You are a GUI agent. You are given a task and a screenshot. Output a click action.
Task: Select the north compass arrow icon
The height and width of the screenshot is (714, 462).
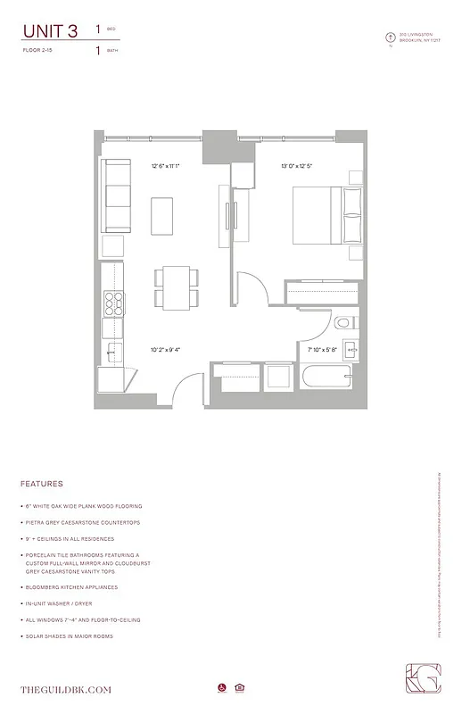coord(389,37)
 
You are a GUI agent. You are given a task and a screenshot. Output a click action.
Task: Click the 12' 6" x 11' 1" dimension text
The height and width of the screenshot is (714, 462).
coord(166,165)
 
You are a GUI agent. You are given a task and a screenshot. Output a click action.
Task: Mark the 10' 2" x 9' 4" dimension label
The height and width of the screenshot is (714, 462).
coord(166,350)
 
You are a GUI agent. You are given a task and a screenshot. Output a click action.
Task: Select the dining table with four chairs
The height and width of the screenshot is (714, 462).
coord(172,287)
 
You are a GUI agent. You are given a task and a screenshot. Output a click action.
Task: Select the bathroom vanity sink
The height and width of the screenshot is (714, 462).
coord(351,350)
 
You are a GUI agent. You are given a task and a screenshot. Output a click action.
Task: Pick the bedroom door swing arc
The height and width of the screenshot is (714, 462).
coord(253,294)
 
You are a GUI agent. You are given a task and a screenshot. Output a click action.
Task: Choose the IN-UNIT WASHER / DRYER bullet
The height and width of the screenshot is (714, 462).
coord(70,603)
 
